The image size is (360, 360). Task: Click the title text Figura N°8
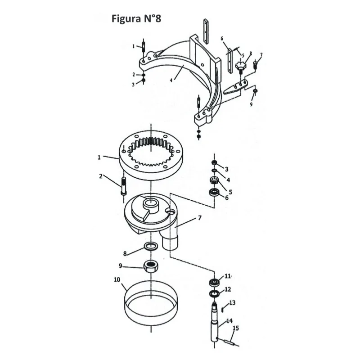click(x=136, y=19)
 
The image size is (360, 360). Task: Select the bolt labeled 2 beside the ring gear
click(x=123, y=186)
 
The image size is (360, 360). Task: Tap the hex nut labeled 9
click(x=151, y=266)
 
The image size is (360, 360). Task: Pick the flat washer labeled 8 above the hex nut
click(x=151, y=247)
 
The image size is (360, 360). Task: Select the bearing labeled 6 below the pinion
click(x=214, y=192)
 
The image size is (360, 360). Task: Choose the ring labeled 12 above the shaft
click(x=215, y=293)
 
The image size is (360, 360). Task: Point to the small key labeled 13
click(x=223, y=310)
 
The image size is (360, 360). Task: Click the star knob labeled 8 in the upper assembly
click(x=240, y=66)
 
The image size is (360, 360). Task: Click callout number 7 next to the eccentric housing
click(x=199, y=217)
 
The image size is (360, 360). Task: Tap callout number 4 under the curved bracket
click(x=171, y=80)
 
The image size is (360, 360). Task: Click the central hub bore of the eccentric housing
click(x=150, y=203)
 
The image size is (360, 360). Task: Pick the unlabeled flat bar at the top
click(x=206, y=31)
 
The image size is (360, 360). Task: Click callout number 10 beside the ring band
click(x=117, y=279)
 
